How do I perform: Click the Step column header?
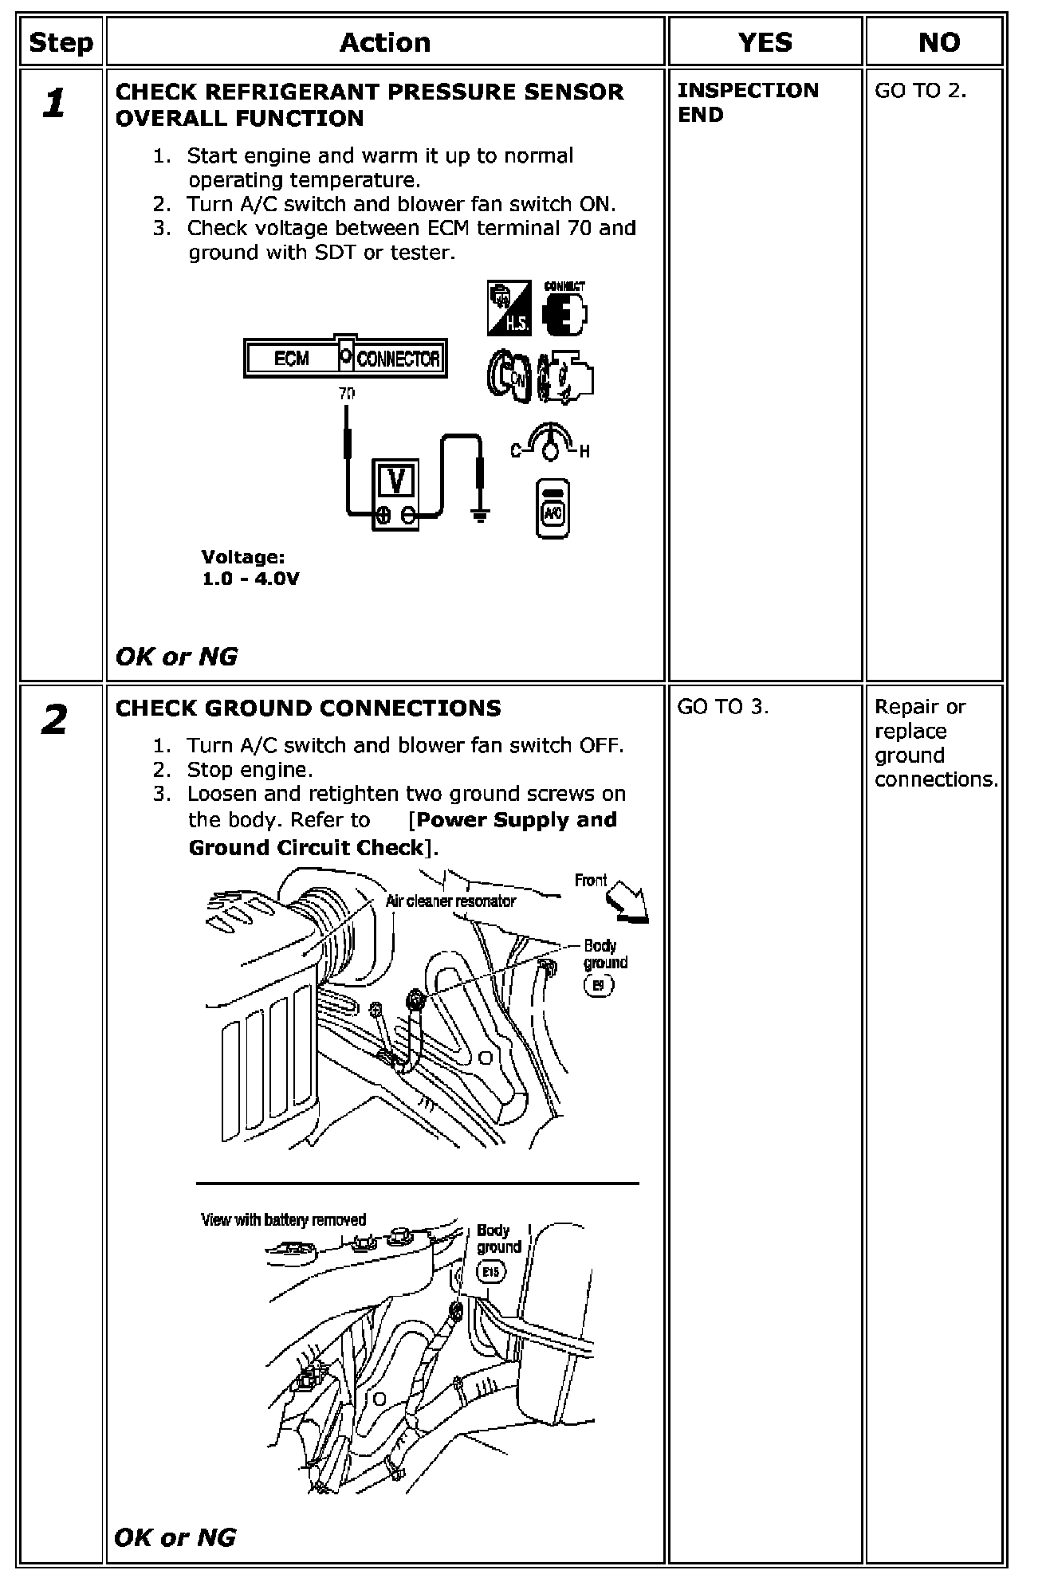click(x=61, y=42)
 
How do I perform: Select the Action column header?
click(x=385, y=42)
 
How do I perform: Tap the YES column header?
click(x=765, y=42)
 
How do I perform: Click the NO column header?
click(x=938, y=42)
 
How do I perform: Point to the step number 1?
click(x=54, y=104)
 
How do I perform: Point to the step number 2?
click(x=54, y=721)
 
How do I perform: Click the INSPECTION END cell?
click(x=748, y=102)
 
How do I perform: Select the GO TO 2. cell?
click(x=920, y=91)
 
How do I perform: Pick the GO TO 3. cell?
click(x=722, y=707)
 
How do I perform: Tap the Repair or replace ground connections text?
click(x=935, y=743)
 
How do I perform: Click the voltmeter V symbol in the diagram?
click(x=395, y=481)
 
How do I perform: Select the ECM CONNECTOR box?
click(x=344, y=359)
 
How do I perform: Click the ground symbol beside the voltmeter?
click(x=480, y=515)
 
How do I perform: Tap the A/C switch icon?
click(x=552, y=509)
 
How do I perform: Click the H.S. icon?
click(x=509, y=308)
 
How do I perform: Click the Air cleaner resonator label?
click(x=450, y=901)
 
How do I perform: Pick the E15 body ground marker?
click(x=490, y=1273)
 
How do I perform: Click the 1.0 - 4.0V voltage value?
click(x=250, y=579)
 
